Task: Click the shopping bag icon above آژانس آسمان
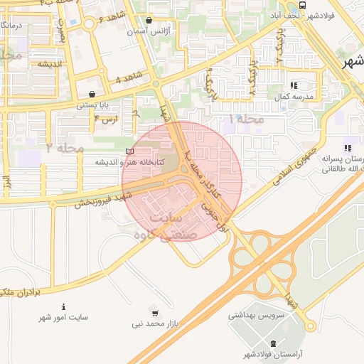pos(149,21)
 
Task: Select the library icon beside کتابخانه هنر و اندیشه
pos(129,151)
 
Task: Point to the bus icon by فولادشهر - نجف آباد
pos(303,4)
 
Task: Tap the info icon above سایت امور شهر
pos(65,306)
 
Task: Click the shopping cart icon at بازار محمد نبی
pos(154,312)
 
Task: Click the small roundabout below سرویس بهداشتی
pos(310,326)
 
